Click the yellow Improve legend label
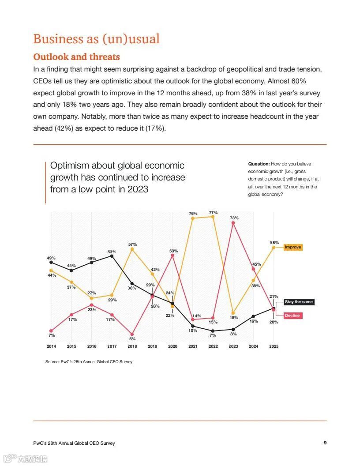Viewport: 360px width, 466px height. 293,247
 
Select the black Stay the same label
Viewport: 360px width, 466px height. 299,302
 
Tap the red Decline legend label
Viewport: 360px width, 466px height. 292,316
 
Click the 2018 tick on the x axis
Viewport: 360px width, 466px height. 132,346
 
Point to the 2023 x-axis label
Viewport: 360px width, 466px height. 233,346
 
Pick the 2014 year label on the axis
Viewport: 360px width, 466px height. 51,346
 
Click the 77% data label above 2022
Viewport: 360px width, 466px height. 214,212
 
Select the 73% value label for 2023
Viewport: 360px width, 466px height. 234,218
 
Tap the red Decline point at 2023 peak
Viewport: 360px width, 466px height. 233,223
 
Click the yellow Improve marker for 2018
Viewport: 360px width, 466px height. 132,249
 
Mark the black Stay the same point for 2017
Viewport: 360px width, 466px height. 112,256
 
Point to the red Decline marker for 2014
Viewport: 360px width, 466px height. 51,331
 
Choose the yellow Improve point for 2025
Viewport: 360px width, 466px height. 274,248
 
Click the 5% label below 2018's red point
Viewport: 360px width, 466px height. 132,339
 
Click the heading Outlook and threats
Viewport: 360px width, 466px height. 76,57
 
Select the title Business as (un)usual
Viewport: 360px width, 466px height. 96,39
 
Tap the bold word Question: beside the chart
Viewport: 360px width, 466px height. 259,164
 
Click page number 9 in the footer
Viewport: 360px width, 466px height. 325,443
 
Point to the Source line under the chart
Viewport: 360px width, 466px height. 89,362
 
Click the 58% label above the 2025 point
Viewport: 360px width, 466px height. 274,243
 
